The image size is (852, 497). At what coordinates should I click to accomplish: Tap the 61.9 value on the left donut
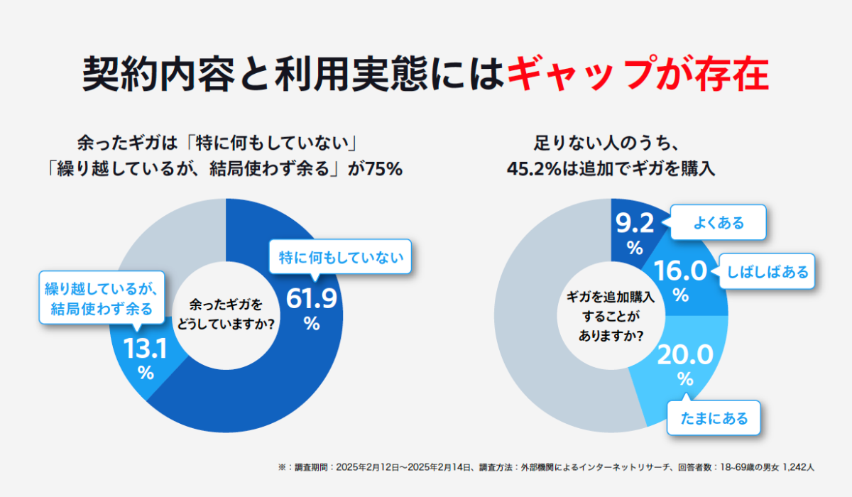tap(311, 299)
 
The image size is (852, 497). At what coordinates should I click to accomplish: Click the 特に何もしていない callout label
tap(341, 258)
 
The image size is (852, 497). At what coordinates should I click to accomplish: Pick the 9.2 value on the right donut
tap(634, 225)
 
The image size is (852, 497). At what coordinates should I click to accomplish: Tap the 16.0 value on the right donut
tap(679, 271)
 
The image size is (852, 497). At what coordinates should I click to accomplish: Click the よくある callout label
tap(719, 223)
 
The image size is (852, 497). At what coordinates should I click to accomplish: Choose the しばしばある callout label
tap(768, 271)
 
